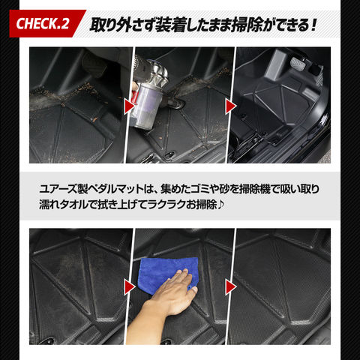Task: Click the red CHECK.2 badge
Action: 47,23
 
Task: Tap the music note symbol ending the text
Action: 220,205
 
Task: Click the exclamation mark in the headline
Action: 313,25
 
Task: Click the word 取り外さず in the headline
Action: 122,25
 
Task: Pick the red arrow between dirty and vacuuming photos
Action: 130,106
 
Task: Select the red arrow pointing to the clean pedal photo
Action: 231,106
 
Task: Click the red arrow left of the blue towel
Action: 130,287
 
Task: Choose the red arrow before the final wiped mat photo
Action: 231,287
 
